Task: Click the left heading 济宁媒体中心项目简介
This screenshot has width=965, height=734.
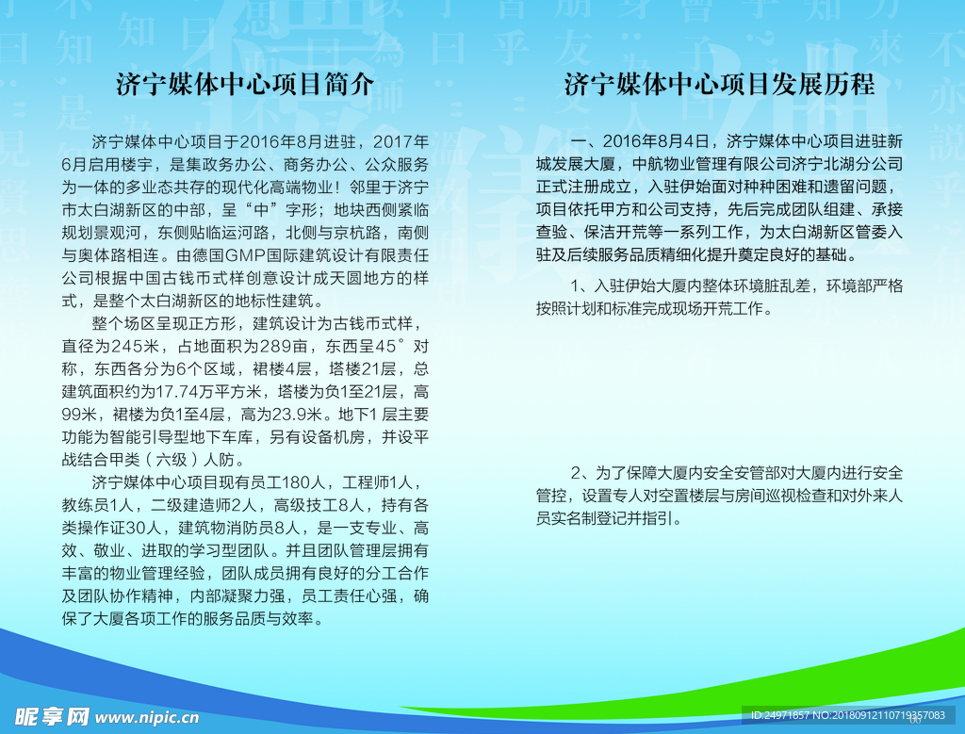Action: click(x=245, y=84)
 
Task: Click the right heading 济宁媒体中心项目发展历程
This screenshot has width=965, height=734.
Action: click(x=719, y=84)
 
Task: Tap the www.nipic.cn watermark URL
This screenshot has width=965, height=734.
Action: click(x=147, y=717)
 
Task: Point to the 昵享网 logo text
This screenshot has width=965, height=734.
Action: click(x=52, y=717)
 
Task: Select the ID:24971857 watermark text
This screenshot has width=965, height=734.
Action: click(x=779, y=715)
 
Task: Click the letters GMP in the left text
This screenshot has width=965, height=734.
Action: click(x=248, y=255)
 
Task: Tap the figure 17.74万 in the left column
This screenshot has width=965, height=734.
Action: click(x=180, y=392)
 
